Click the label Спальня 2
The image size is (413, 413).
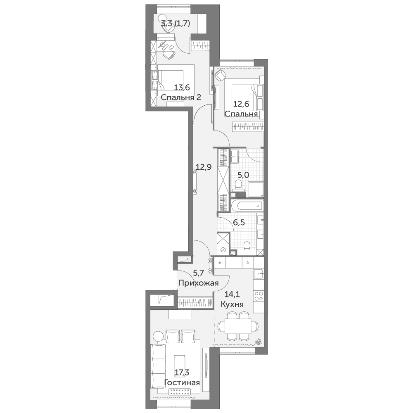click(x=181, y=97)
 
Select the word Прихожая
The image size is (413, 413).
click(x=198, y=283)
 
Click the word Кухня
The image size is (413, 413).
click(x=232, y=304)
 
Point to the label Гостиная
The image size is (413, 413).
click(x=182, y=382)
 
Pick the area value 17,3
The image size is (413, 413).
click(x=182, y=373)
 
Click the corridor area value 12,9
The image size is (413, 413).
click(x=204, y=167)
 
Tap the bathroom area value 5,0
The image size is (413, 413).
click(x=243, y=175)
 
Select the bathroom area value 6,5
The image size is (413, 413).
click(x=239, y=223)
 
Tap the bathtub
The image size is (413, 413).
click(x=247, y=205)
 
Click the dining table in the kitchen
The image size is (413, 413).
click(x=237, y=326)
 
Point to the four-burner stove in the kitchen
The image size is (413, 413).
click(x=259, y=296)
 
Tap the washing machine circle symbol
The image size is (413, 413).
click(x=223, y=250)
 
